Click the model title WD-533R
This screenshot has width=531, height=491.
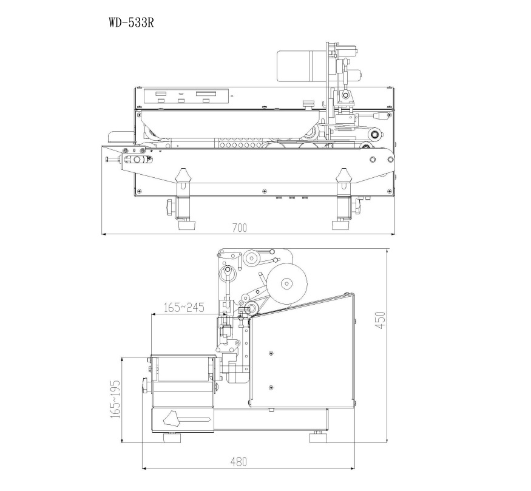[132, 22]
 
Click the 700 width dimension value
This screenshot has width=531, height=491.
[240, 228]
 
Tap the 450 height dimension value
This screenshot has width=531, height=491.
[380, 320]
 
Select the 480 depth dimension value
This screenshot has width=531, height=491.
[238, 461]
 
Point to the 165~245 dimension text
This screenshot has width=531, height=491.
[184, 308]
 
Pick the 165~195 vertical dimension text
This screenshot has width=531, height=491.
[115, 399]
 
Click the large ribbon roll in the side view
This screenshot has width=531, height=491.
[286, 283]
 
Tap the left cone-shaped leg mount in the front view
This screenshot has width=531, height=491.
[183, 175]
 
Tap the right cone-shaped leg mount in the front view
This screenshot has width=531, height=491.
[343, 175]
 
